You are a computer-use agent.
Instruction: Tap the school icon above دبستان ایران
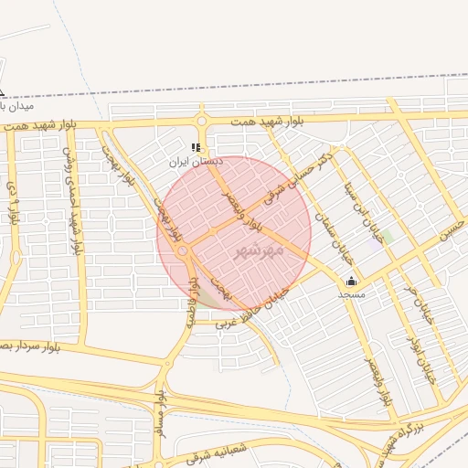(195, 147)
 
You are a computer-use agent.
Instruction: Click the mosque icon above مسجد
(351, 281)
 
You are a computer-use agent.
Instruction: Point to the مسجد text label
(351, 294)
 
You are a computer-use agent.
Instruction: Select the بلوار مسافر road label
(161, 413)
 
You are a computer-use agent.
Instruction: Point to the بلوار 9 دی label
(13, 204)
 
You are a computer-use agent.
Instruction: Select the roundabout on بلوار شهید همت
(202, 120)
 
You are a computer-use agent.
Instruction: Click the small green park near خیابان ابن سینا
(388, 236)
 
